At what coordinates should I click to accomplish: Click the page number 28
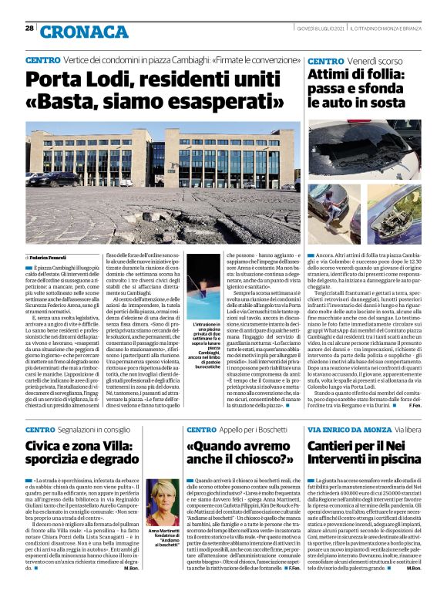pyautogui.click(x=29, y=29)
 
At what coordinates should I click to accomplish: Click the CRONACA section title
pyautogui.click(x=74, y=32)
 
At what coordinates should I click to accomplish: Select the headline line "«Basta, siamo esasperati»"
pyautogui.click(x=154, y=101)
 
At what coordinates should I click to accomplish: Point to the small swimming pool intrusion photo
pyautogui.click(x=203, y=292)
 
